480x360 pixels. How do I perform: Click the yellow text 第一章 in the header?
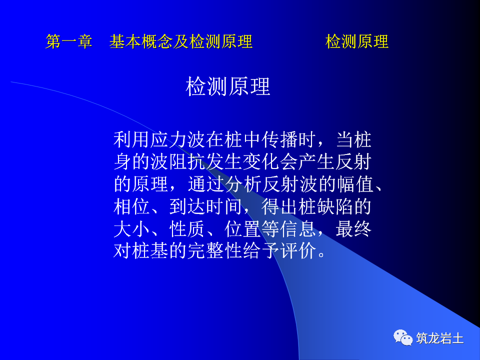[69, 42]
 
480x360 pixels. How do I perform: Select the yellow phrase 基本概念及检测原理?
[181, 42]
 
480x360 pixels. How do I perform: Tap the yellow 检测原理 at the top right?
[357, 42]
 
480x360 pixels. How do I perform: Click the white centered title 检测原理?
[228, 87]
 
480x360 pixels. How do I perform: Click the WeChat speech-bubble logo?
[403, 337]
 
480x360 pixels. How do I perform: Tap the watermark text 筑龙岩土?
[440, 338]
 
